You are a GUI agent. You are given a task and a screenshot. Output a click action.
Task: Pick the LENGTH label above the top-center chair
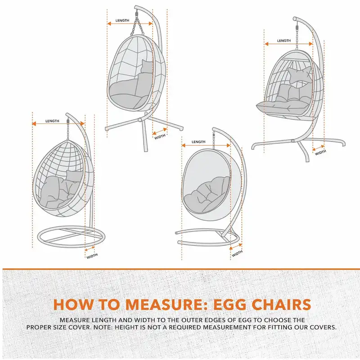(x=122, y=21)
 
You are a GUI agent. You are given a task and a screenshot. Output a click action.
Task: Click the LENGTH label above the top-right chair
(x=284, y=41)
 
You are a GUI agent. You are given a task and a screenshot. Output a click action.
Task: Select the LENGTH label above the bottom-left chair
(x=52, y=121)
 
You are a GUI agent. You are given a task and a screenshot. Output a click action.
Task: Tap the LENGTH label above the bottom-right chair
(x=198, y=142)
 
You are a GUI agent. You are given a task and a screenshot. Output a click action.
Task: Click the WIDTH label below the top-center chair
(x=160, y=136)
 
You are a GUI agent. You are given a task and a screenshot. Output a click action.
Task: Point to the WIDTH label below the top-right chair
(x=320, y=153)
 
